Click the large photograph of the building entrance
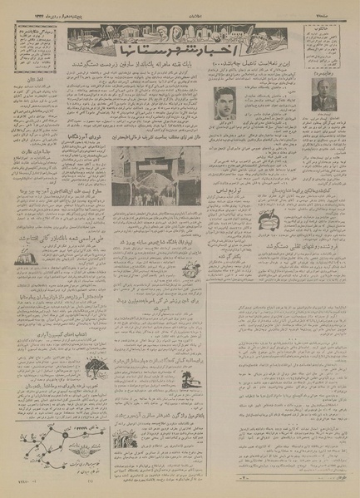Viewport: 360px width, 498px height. pyautogui.click(x=157, y=191)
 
